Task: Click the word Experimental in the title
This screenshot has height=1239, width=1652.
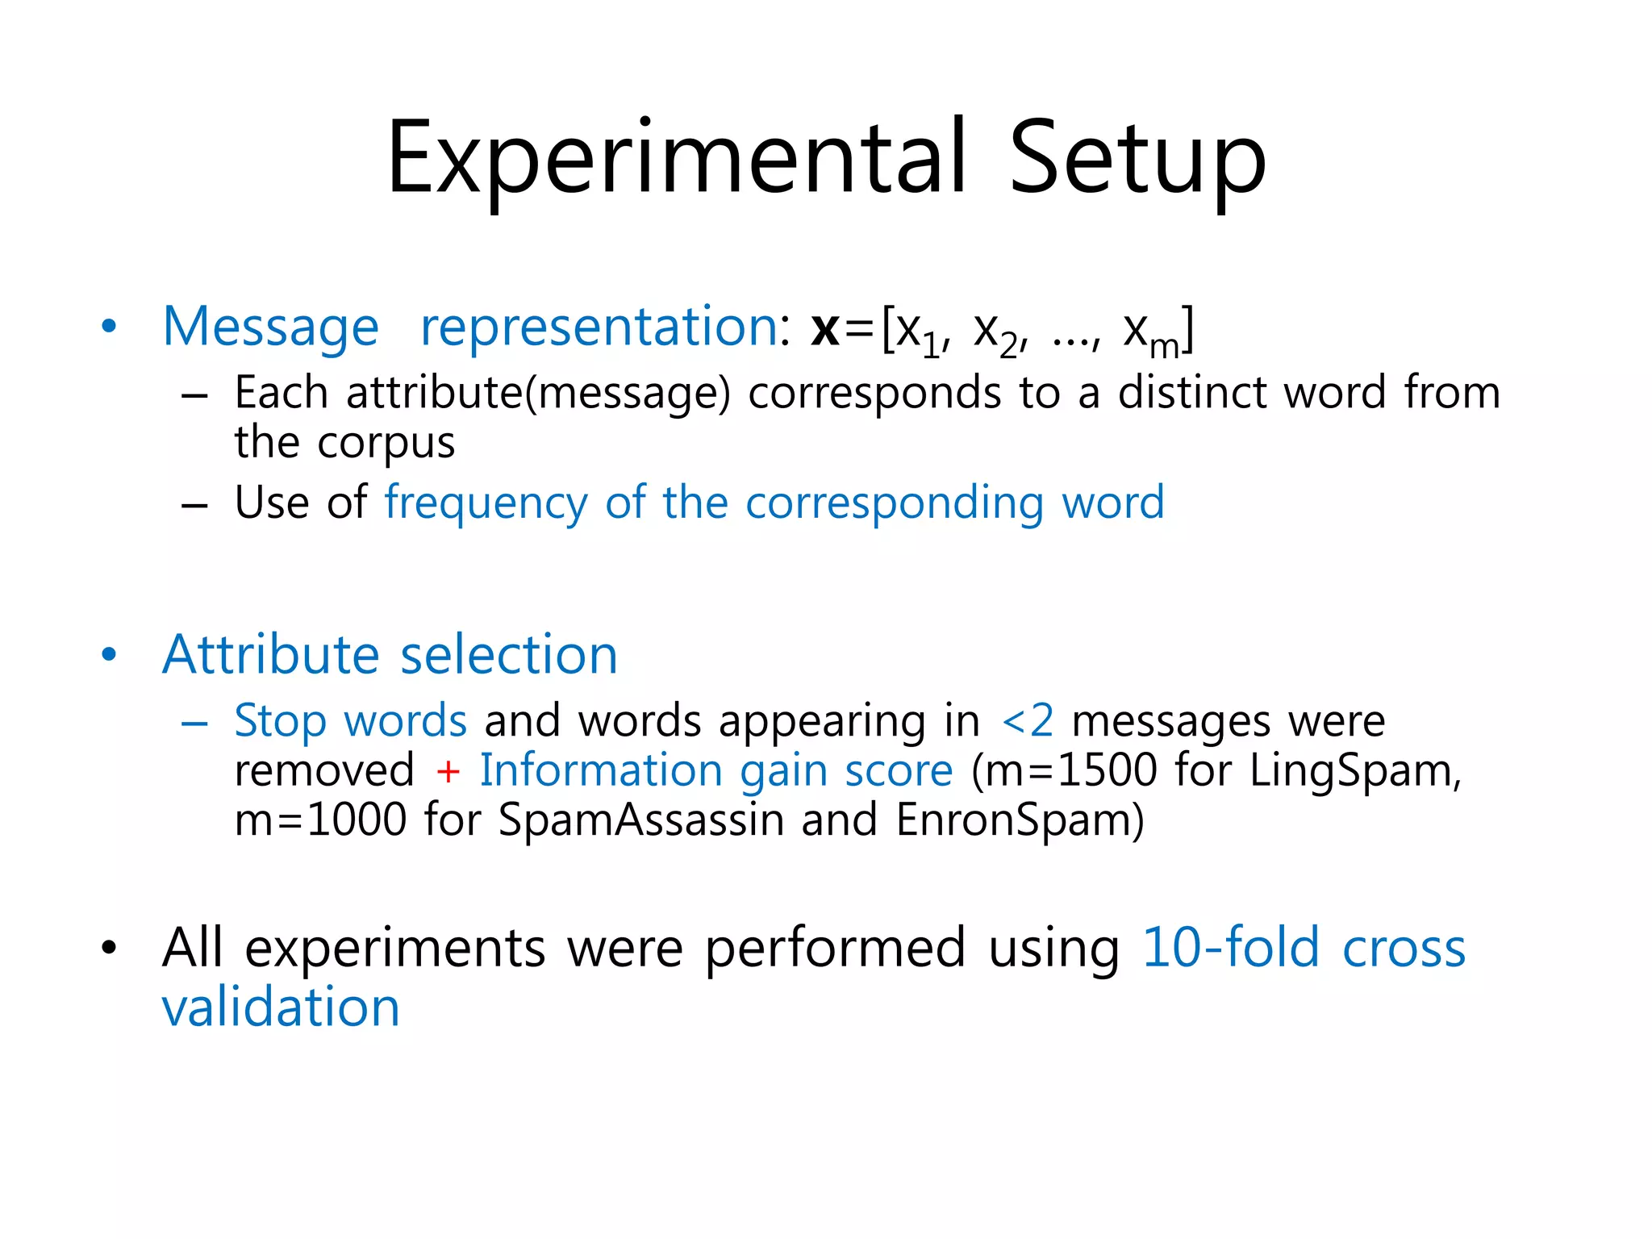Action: pos(676,158)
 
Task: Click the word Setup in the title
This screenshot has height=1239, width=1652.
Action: pos(1137,158)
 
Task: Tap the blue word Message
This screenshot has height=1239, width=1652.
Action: pos(270,328)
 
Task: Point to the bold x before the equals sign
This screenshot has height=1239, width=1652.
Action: pos(825,329)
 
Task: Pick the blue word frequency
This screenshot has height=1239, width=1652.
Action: pos(486,503)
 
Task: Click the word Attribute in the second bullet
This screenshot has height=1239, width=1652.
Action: pos(270,654)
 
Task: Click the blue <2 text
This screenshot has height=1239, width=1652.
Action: pos(1028,720)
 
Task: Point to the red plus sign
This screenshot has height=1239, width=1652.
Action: pos(448,771)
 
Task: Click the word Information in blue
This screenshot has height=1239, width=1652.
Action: pos(600,770)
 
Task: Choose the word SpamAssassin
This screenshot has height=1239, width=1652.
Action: pos(641,820)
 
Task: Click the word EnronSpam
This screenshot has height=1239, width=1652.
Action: pos(1019,820)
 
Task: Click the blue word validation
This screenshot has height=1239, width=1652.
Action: pos(281,1007)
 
